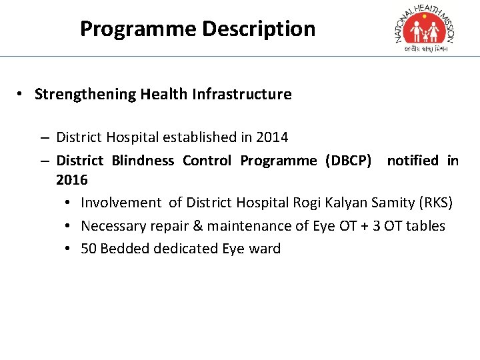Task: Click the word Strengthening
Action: tap(85, 94)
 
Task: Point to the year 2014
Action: tap(273, 137)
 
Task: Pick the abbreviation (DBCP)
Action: tap(349, 160)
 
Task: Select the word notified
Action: tap(413, 160)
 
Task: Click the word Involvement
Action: tap(121, 203)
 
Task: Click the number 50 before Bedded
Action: tap(89, 249)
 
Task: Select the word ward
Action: tap(265, 249)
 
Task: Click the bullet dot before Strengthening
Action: tap(23, 94)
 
